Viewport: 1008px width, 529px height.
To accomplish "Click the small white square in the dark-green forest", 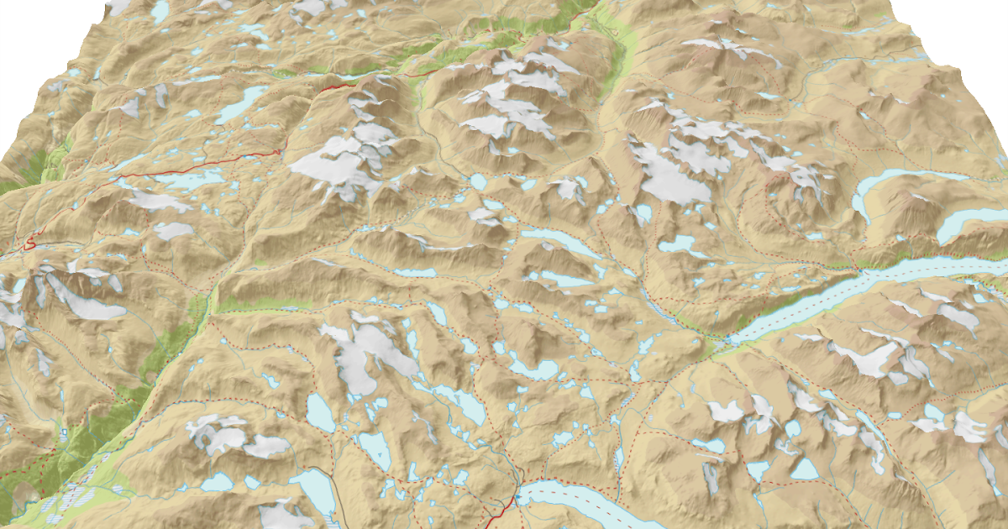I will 64,432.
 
